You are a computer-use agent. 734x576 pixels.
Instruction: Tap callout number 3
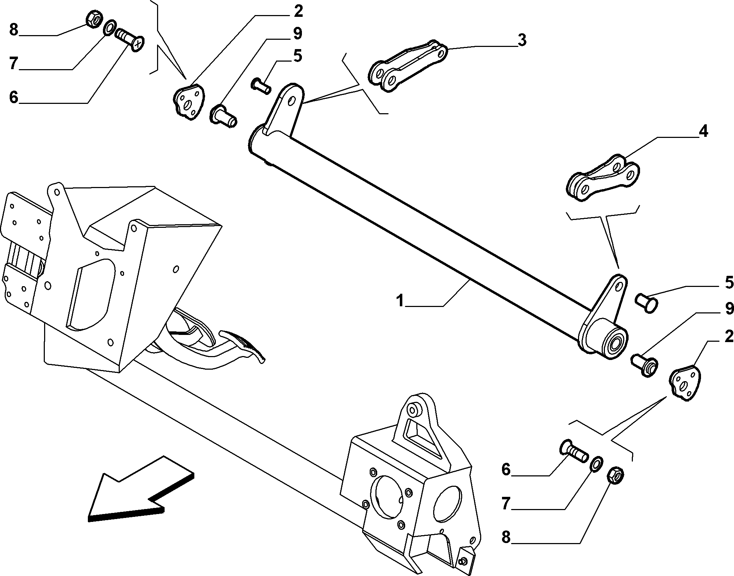click(522, 40)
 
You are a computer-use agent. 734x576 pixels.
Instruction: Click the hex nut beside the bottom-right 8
click(616, 476)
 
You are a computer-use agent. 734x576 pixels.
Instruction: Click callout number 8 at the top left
click(14, 30)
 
